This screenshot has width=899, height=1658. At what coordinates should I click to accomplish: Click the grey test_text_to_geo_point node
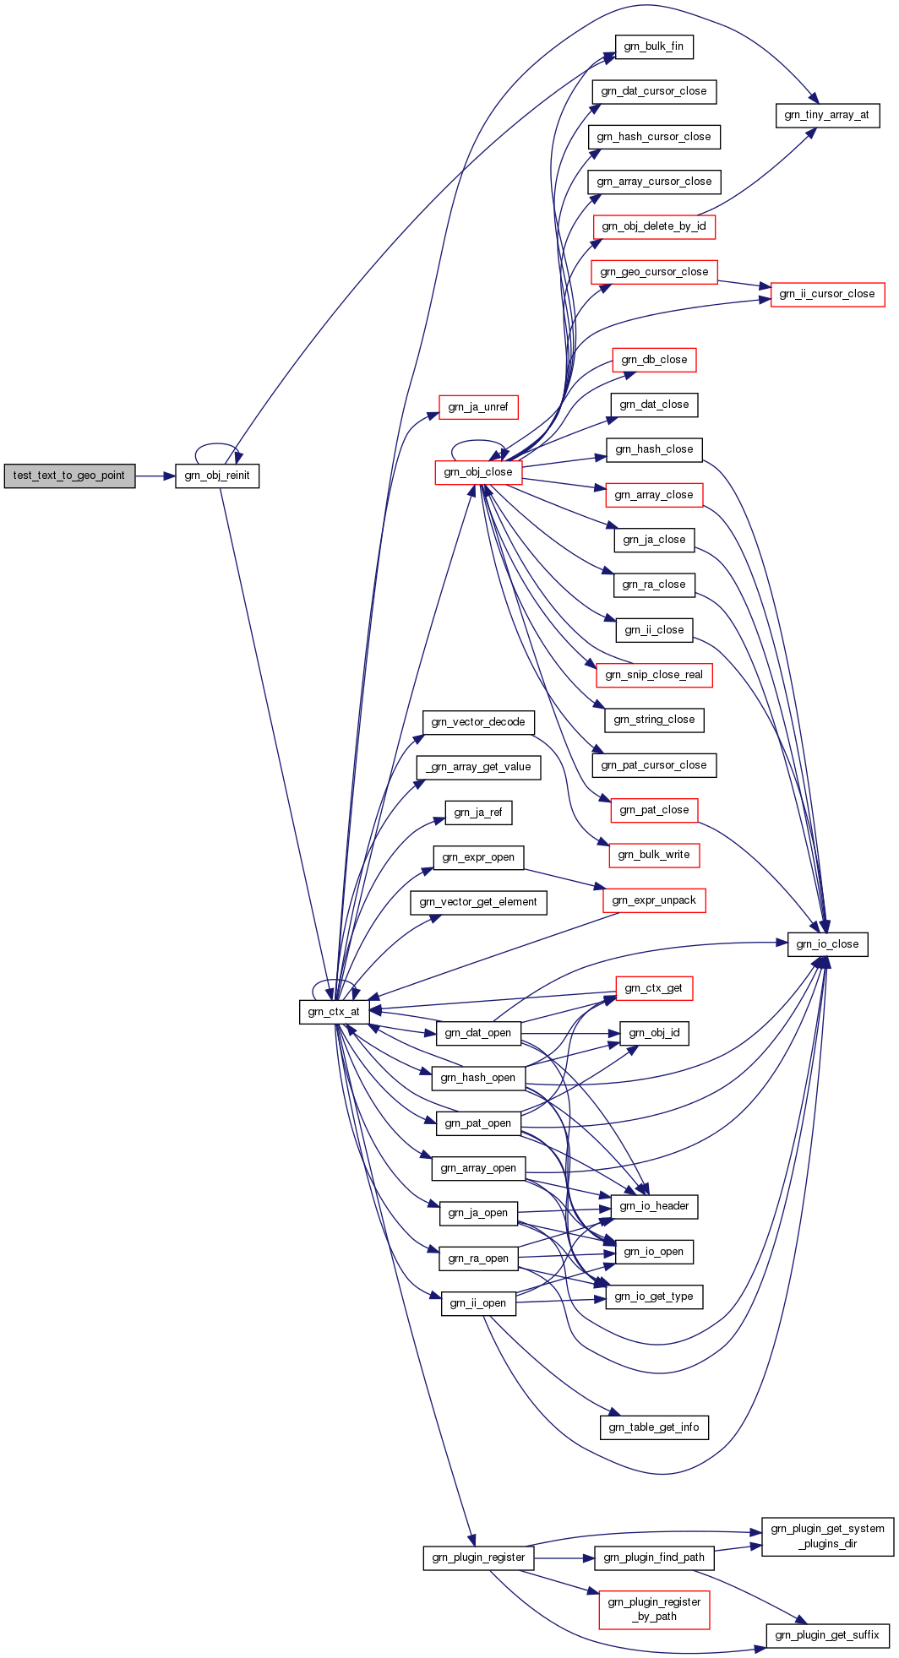(69, 476)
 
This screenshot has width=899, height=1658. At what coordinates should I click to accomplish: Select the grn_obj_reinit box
(217, 476)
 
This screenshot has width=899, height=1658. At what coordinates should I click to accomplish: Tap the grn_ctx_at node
(334, 1012)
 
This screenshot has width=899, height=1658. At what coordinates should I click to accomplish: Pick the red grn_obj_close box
(478, 472)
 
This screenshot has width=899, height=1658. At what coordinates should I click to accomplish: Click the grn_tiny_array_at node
(827, 115)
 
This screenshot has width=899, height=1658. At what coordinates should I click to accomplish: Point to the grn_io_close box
(827, 944)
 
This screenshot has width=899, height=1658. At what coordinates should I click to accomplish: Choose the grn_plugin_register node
(478, 1557)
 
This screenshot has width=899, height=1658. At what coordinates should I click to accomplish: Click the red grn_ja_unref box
(478, 407)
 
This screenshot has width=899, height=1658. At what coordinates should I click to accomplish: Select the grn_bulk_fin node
(654, 46)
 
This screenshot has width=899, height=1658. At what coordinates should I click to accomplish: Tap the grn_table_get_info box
(654, 1427)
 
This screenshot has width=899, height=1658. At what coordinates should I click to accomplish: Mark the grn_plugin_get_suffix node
(827, 1635)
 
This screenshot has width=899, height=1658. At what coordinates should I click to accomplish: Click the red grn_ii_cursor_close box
(827, 294)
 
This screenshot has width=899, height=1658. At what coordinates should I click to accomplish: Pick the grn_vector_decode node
(478, 722)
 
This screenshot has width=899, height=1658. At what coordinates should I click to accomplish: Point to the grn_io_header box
(654, 1206)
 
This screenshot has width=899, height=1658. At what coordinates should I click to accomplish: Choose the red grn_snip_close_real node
(654, 675)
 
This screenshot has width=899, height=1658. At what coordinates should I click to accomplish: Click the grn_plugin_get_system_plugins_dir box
(827, 1536)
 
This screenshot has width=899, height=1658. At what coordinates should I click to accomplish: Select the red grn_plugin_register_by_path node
(654, 1610)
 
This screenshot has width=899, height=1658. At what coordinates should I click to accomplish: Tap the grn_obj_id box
(654, 1033)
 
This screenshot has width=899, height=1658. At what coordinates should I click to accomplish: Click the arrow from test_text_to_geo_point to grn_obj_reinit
(155, 476)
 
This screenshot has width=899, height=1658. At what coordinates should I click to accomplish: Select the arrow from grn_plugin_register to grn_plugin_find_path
(564, 1557)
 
